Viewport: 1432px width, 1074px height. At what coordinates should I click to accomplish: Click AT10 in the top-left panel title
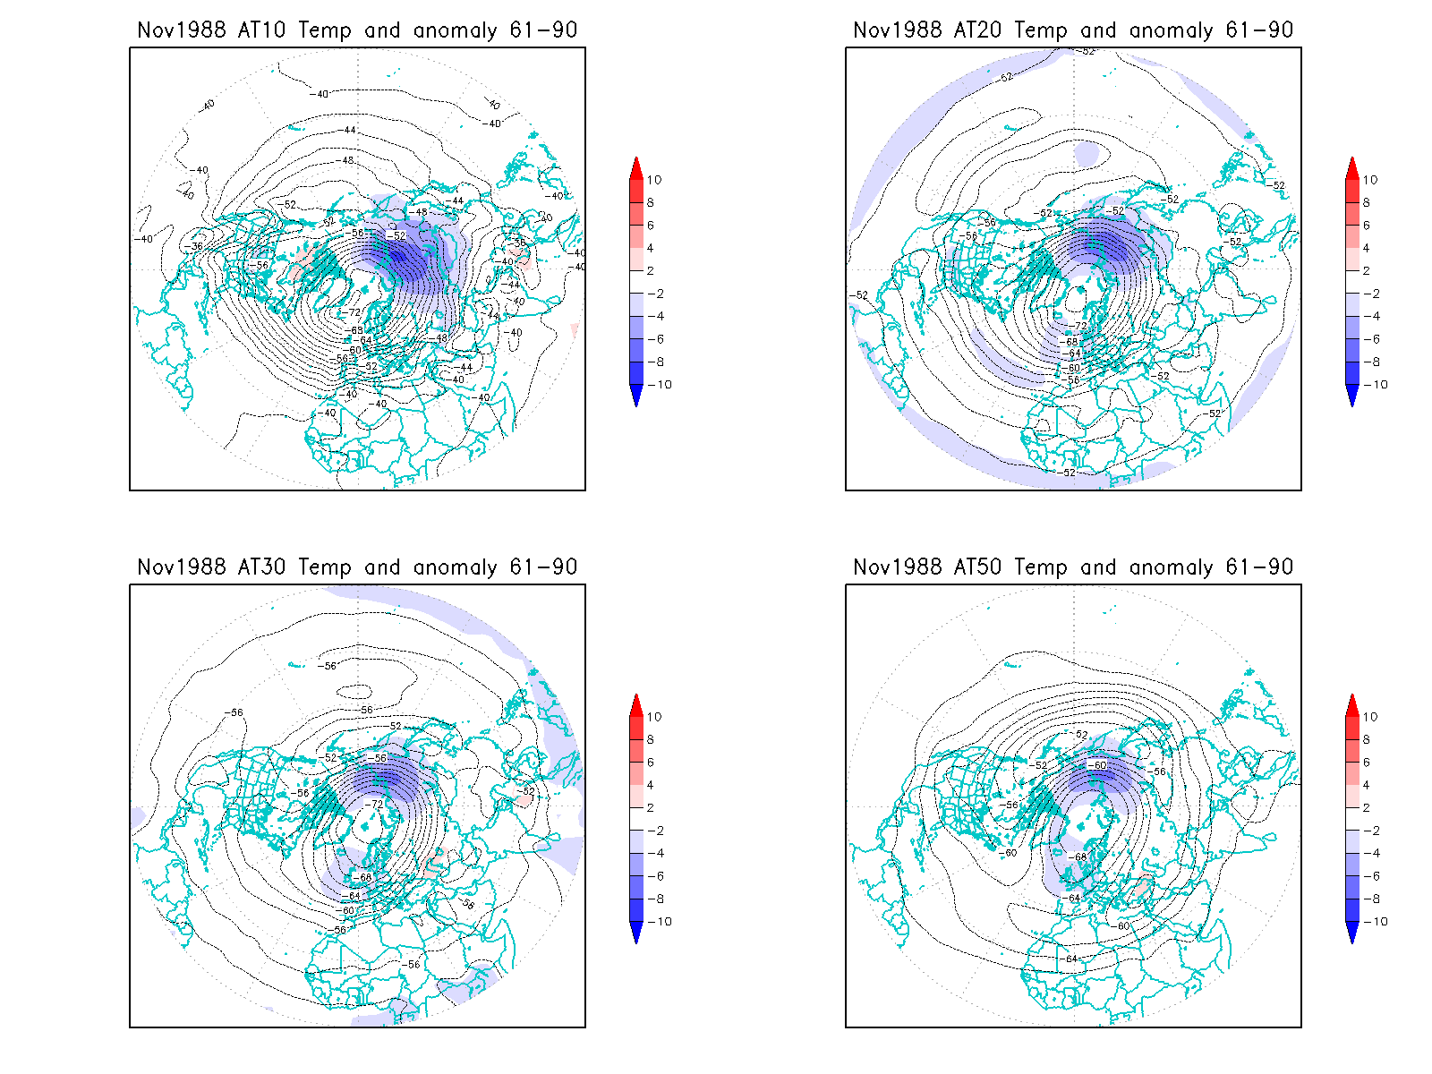pyautogui.click(x=262, y=30)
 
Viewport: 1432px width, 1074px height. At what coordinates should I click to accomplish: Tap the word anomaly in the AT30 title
pyautogui.click(x=455, y=567)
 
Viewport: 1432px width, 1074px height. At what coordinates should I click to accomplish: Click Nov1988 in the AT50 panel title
pyautogui.click(x=898, y=567)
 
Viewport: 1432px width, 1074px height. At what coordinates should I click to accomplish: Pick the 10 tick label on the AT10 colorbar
pyautogui.click(x=654, y=180)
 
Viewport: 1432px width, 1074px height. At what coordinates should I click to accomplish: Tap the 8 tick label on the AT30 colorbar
pyautogui.click(x=651, y=739)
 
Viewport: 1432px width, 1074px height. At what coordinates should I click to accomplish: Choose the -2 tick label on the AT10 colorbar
pyautogui.click(x=654, y=294)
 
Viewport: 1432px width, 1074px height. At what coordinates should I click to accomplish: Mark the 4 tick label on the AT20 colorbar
pyautogui.click(x=1367, y=248)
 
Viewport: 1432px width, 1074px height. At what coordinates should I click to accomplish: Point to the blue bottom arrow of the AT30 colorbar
pyautogui.click(x=636, y=933)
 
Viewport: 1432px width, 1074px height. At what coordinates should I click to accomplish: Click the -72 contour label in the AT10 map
pyautogui.click(x=354, y=312)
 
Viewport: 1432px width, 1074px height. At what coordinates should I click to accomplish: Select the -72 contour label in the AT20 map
pyautogui.click(x=1080, y=327)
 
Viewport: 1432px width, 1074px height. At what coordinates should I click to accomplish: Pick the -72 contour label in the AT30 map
pyautogui.click(x=377, y=805)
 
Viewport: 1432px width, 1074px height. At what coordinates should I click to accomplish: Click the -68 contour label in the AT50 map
pyautogui.click(x=1080, y=857)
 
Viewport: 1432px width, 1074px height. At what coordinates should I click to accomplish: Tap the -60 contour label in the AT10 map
pyautogui.click(x=355, y=350)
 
